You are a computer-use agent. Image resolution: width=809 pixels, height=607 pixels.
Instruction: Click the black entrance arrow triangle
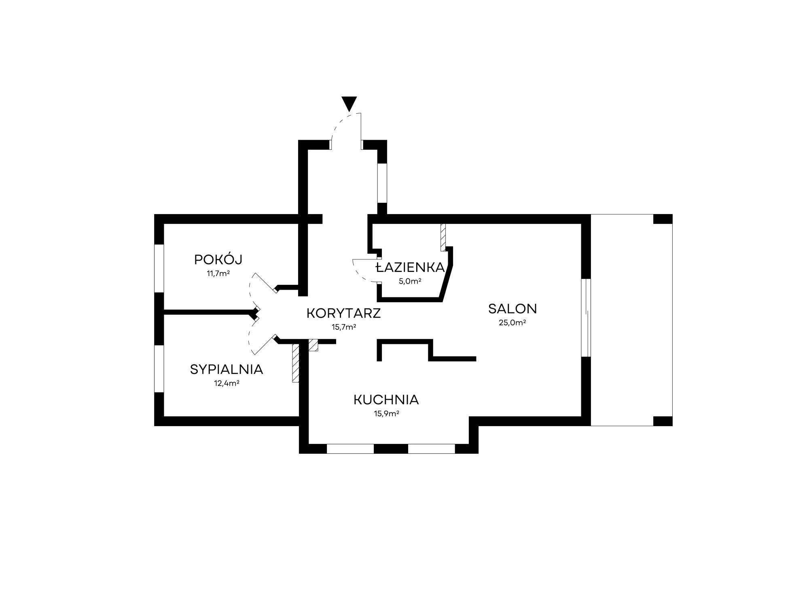[349, 103]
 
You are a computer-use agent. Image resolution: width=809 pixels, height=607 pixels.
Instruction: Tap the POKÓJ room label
[218, 259]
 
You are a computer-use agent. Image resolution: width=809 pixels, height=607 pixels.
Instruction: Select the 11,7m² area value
[218, 274]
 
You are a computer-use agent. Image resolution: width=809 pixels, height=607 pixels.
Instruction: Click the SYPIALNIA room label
[227, 369]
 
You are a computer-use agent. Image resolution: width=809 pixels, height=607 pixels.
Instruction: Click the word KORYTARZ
[344, 313]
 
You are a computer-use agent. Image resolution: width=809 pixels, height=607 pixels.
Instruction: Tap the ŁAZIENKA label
[410, 267]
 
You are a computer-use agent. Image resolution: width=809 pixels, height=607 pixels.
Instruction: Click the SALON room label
[513, 309]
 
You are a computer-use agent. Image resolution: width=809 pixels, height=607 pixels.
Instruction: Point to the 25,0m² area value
[513, 323]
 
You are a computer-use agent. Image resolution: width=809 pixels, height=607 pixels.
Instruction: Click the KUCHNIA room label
[386, 400]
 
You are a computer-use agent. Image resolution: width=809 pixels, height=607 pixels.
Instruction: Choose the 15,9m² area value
[386, 414]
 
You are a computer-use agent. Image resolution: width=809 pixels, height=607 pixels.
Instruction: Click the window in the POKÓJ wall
[159, 268]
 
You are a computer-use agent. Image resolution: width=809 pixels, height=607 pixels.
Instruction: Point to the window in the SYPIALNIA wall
[159, 369]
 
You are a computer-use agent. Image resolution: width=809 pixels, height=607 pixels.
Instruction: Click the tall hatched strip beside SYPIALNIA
[296, 363]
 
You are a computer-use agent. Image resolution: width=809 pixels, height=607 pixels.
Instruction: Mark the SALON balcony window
[586, 318]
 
